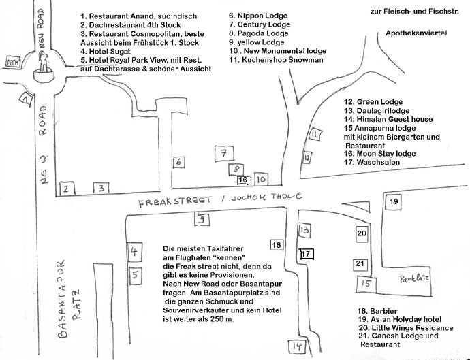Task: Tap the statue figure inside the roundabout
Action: pos(44,65)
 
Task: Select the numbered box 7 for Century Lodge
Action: pos(223,154)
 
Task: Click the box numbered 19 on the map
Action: pos(393,202)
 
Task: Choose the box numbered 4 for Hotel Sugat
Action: pos(134,252)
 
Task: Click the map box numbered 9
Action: pos(202,219)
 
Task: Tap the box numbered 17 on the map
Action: pos(307,254)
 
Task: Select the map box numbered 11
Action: pos(314,135)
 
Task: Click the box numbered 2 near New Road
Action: pos(66,189)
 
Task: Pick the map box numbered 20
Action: pos(361,233)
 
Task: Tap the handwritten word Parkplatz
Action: pos(413,278)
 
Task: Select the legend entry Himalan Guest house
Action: pos(389,119)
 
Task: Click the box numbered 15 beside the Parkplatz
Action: pos(366,283)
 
